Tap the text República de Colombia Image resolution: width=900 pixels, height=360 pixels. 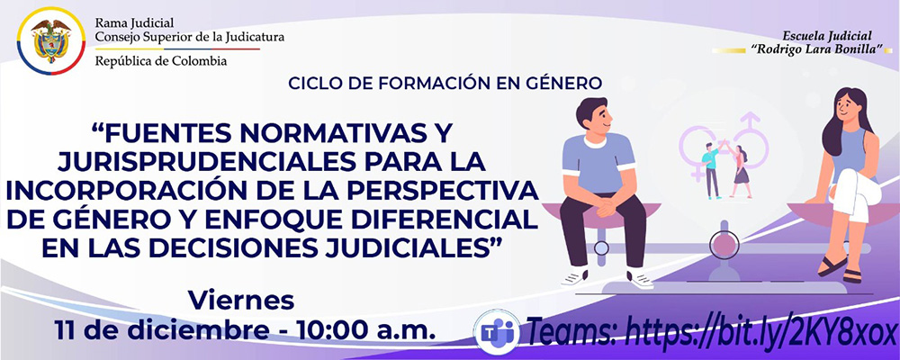click(x=161, y=61)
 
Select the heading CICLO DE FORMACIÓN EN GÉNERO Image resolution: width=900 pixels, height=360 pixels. click(x=445, y=84)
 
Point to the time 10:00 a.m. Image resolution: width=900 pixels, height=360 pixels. click(x=368, y=328)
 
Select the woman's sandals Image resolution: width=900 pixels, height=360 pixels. click(x=837, y=270)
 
